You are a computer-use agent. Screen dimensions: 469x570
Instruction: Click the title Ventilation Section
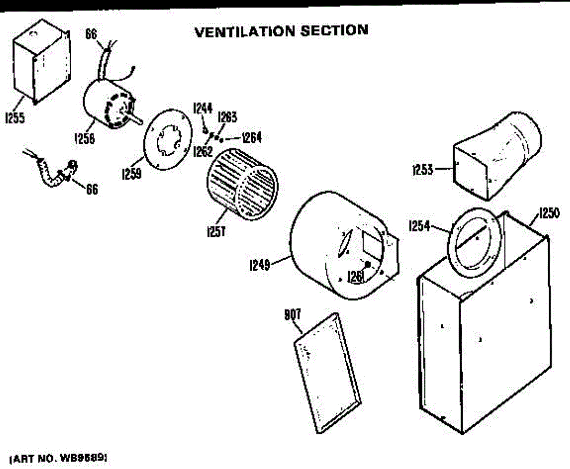[x=281, y=31]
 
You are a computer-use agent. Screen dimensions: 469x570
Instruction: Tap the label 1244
[x=202, y=108]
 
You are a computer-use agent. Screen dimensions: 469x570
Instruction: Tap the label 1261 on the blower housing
[x=355, y=275]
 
